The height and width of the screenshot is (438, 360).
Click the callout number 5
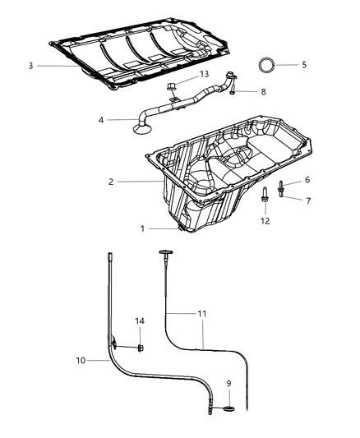(x=303, y=63)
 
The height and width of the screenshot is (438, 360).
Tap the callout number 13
(x=205, y=75)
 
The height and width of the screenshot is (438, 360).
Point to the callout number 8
(x=262, y=92)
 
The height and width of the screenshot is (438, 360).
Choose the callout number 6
(x=307, y=179)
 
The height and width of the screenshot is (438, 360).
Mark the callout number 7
(x=307, y=200)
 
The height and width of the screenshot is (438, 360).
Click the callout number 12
(x=265, y=220)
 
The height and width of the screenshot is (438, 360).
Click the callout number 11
(x=201, y=314)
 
